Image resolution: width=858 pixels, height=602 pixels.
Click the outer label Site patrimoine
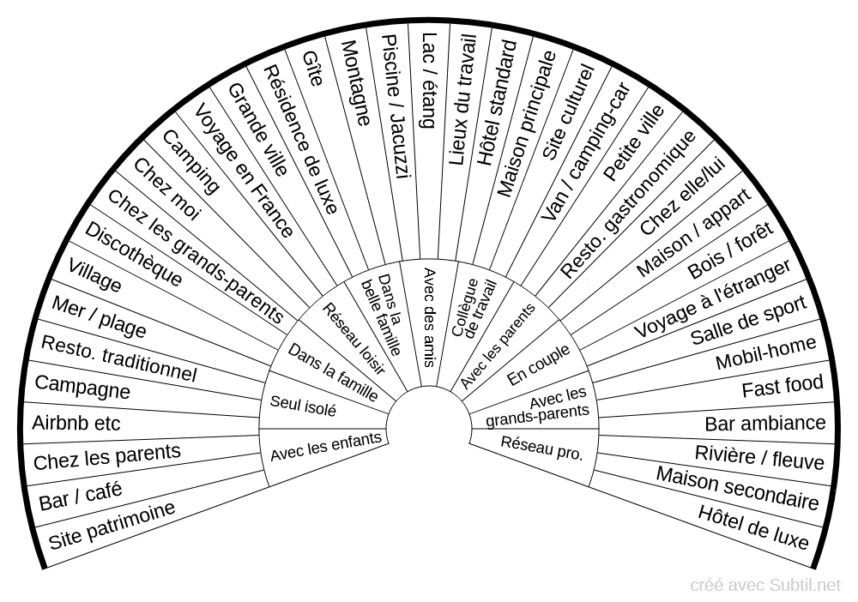112,525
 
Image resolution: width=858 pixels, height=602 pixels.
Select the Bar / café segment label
81,496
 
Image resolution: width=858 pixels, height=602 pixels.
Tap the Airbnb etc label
76,424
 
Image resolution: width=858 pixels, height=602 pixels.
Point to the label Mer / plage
99,317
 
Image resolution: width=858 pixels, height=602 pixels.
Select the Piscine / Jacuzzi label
396,106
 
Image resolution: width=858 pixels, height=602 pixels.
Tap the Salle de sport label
748,320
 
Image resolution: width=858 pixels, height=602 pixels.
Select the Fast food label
782,388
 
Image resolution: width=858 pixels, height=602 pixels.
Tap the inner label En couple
539,365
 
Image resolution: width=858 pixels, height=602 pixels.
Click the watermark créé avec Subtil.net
765,585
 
